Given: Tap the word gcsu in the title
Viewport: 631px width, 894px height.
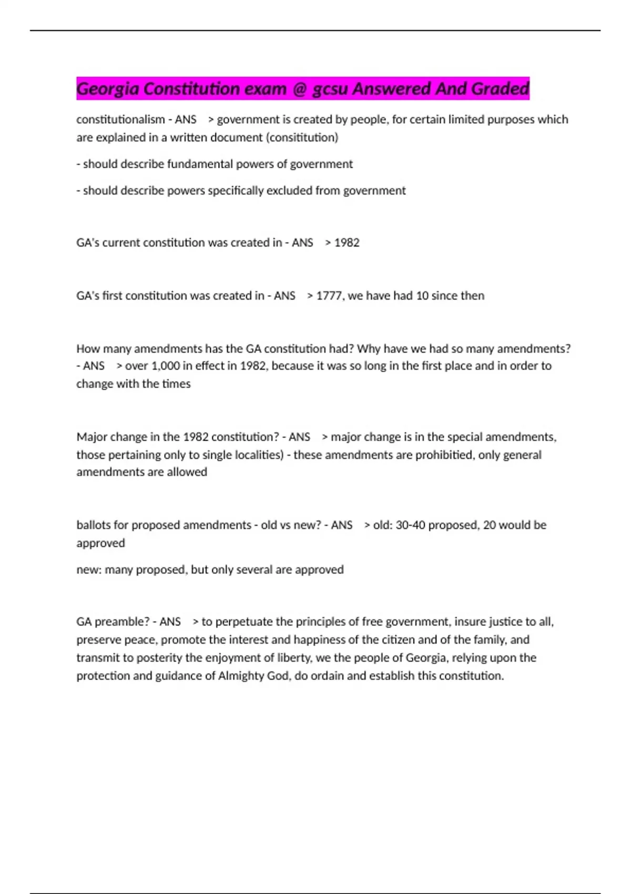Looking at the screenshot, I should click(x=330, y=89).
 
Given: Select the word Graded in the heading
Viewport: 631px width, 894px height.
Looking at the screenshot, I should click(x=500, y=89).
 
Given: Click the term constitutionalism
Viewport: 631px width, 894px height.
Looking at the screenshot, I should click(x=120, y=119).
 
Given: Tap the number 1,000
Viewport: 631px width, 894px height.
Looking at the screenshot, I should click(x=165, y=365).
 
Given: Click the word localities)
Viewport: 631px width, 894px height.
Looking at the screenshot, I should click(x=254, y=455).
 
